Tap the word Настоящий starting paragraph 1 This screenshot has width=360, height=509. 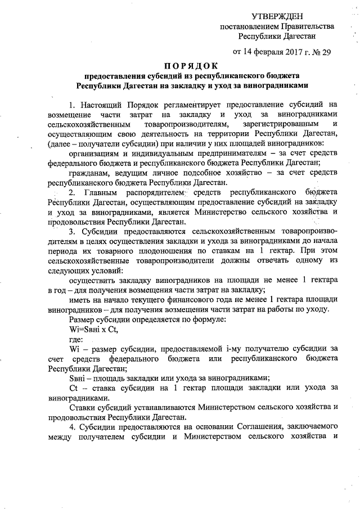point(103,104)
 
